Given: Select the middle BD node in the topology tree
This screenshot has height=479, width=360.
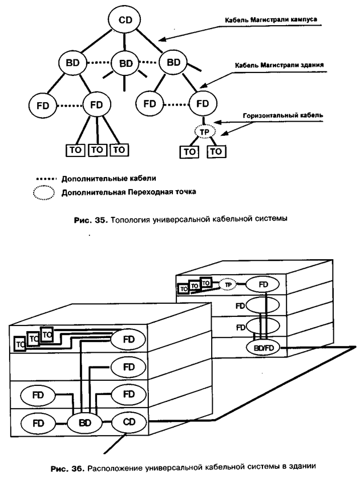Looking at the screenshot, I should [x=125, y=62].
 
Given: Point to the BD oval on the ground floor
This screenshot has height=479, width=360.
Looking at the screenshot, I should [x=85, y=423].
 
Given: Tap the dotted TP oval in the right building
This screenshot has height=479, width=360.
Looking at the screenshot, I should [x=228, y=284].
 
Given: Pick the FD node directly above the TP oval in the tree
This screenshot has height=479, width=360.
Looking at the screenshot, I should [x=203, y=104].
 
